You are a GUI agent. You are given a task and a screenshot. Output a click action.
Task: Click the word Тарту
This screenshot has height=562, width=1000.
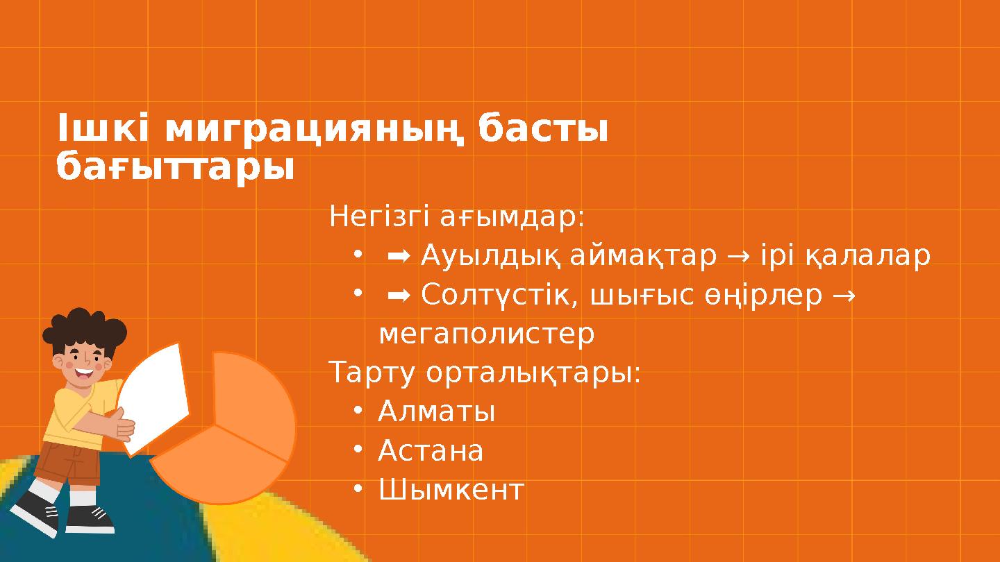372,374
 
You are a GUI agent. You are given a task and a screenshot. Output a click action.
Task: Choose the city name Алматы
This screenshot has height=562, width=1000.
436,413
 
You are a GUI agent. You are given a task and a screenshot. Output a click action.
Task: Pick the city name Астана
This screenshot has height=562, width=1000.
431,452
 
